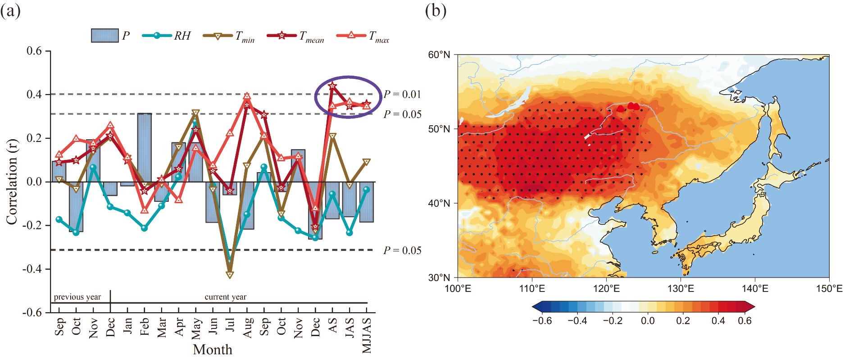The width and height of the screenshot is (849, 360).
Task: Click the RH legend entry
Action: coord(167,36)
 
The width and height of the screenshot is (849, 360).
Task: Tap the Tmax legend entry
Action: coord(363,36)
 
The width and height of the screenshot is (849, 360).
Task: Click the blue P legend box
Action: coord(104,36)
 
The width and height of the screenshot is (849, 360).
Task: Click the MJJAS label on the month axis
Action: coord(367,336)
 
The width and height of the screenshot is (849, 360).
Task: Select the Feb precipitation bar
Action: coord(144,148)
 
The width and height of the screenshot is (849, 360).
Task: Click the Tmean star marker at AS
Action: coord(332,86)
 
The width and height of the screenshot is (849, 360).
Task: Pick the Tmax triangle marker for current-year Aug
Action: coord(247,96)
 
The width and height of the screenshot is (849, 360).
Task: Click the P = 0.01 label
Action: coord(402,94)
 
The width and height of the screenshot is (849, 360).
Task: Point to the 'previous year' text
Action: coord(77,297)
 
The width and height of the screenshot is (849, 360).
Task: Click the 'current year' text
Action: coord(225,297)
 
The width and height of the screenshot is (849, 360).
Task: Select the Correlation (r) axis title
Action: coord(11,182)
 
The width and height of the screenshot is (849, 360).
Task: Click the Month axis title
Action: coord(213,350)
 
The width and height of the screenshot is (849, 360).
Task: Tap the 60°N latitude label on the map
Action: coord(439,55)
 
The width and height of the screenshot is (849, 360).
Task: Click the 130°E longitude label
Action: coord(680,288)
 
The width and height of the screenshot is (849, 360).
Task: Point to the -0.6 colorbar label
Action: coord(541,321)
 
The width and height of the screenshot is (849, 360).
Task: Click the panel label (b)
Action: coord(435,10)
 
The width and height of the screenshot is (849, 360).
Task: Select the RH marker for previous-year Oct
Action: coord(76,232)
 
